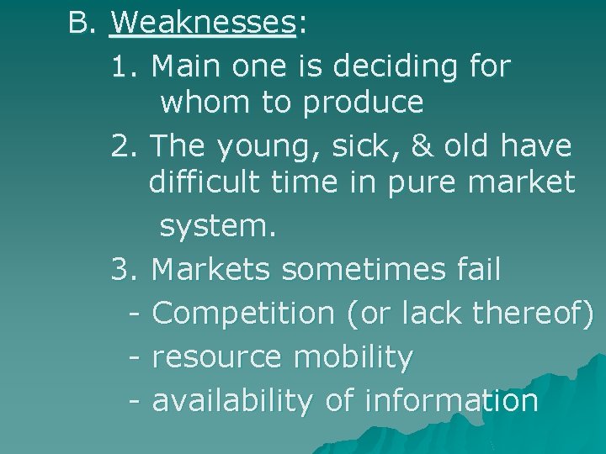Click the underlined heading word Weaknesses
pos(202,23)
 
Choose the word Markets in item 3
pos(211,270)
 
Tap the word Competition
pos(243,314)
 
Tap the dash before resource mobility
pos(136,357)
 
